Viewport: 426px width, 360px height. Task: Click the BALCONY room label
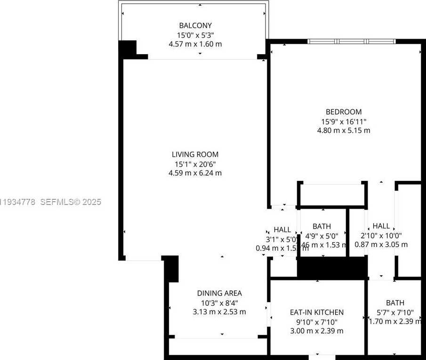click(195, 25)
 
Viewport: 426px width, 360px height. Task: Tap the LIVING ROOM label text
click(195, 154)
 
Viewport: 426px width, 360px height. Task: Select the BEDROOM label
click(344, 112)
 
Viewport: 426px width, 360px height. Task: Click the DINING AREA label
click(219, 293)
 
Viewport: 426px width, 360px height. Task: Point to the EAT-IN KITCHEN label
click(316, 312)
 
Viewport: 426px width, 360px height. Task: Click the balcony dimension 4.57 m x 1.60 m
click(195, 44)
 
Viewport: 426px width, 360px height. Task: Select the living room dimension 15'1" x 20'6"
click(195, 164)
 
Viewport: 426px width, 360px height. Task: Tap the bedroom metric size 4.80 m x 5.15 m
click(344, 130)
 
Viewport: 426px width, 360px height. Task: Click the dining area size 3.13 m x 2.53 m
click(219, 311)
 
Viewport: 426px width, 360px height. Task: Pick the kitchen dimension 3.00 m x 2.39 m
click(316, 330)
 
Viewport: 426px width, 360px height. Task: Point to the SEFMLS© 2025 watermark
click(71, 202)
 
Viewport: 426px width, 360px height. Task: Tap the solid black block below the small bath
click(332, 268)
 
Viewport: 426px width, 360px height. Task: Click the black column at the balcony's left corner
click(127, 49)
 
